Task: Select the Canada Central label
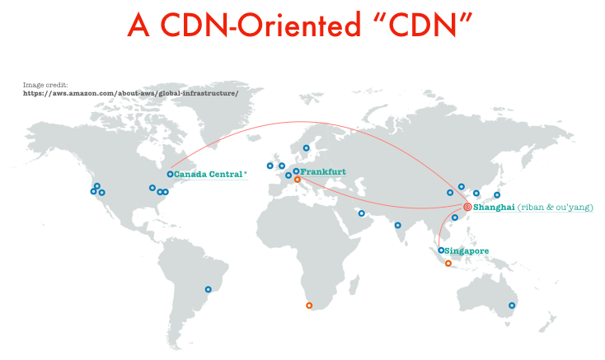click(x=209, y=175)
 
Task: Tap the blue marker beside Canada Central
click(x=170, y=174)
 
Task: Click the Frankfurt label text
click(x=323, y=171)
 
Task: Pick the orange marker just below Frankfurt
click(x=298, y=179)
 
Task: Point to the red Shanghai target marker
click(x=467, y=207)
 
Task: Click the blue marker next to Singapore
click(x=442, y=250)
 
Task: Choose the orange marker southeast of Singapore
click(x=448, y=264)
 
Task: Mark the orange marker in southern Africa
click(x=309, y=306)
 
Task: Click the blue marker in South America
click(x=209, y=288)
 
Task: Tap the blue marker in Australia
click(x=512, y=306)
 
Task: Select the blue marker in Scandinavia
click(x=306, y=148)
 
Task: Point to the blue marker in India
click(x=397, y=225)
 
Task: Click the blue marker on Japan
click(x=496, y=195)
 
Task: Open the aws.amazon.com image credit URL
click(x=131, y=93)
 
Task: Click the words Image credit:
click(x=46, y=84)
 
